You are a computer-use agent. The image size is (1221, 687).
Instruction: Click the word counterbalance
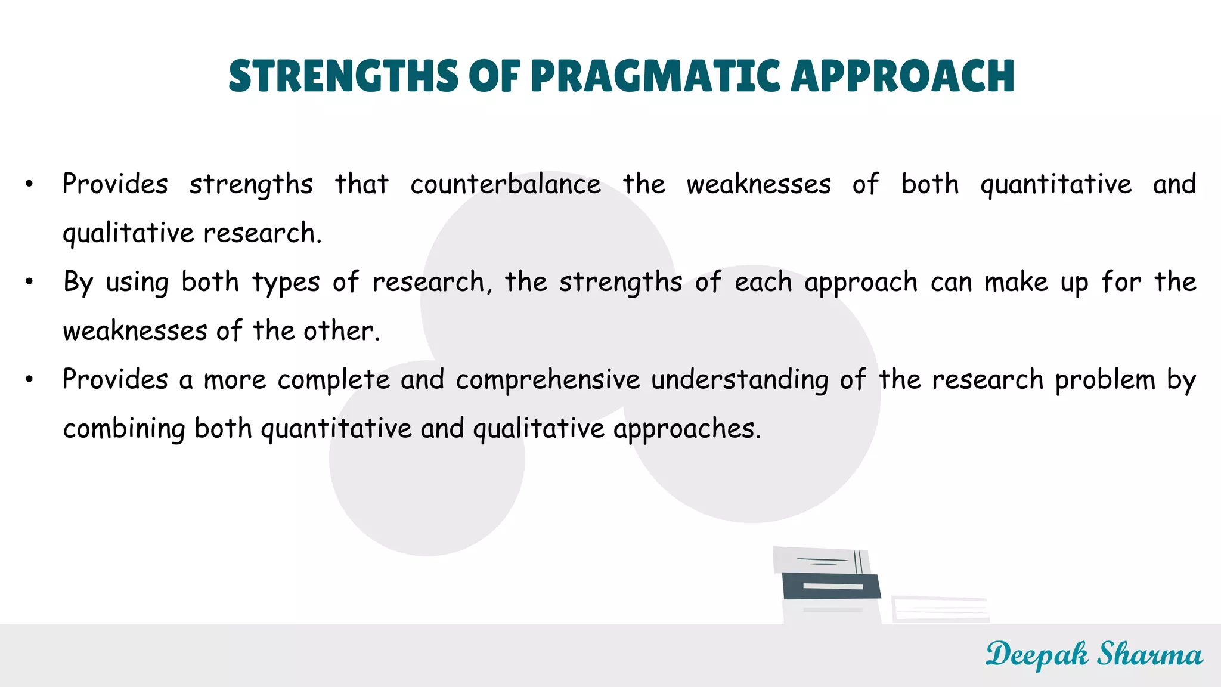pyautogui.click(x=506, y=184)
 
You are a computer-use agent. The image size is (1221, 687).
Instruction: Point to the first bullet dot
pyautogui.click(x=29, y=184)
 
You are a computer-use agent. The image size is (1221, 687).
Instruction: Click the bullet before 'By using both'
pyautogui.click(x=29, y=282)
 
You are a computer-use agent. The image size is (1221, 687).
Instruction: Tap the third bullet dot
pyautogui.click(x=29, y=380)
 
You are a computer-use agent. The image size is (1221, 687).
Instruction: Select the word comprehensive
pyautogui.click(x=548, y=380)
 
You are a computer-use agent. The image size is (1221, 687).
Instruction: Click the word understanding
pyautogui.click(x=739, y=380)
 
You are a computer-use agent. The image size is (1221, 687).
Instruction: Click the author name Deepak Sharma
pyautogui.click(x=1094, y=655)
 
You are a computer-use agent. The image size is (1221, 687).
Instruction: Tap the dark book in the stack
pyautogui.click(x=831, y=586)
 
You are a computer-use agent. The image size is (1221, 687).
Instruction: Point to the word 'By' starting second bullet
pyautogui.click(x=78, y=282)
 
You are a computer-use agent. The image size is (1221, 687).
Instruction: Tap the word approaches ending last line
pyautogui.click(x=687, y=429)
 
